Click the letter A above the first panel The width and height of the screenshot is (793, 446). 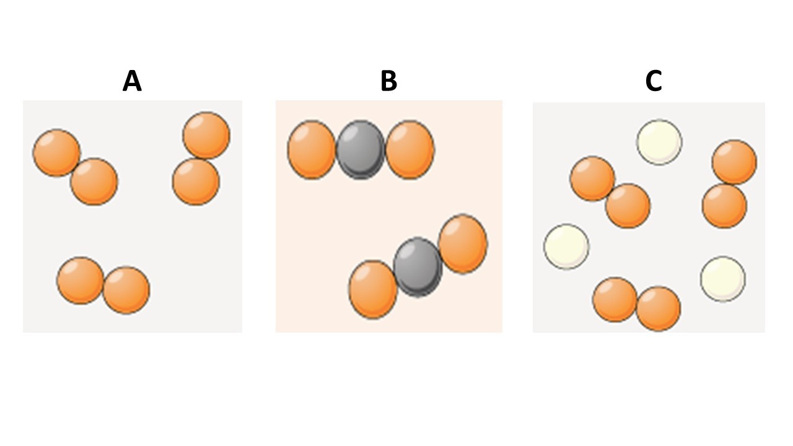132,81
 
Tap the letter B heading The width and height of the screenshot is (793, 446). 388,81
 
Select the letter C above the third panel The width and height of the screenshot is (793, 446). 654,81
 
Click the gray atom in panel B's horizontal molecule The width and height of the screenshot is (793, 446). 361,150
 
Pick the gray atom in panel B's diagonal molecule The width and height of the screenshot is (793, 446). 418,267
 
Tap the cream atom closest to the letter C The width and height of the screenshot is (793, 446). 659,142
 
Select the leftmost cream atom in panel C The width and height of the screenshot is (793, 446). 566,247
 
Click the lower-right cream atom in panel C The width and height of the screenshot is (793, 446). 723,279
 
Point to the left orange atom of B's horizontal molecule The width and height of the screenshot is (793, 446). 312,150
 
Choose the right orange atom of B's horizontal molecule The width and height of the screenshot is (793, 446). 410,150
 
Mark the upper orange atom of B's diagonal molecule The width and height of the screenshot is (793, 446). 463,244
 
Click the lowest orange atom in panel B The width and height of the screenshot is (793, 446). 373,289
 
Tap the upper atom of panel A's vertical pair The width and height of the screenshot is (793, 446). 206,135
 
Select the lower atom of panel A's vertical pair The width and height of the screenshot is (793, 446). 196,181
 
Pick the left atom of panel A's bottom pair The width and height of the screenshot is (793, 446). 81,281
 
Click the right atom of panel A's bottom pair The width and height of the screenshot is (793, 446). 126,290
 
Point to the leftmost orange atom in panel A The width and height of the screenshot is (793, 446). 56,152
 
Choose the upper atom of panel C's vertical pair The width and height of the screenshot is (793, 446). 734,162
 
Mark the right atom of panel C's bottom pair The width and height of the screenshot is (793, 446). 658,308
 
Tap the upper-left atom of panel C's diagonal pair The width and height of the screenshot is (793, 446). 592,178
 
